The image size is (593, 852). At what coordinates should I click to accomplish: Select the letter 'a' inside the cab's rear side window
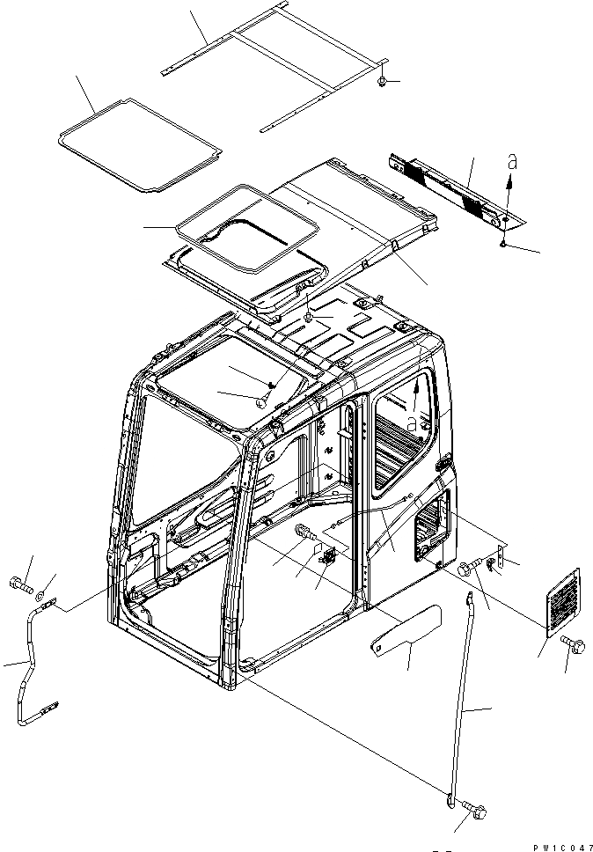tap(412, 423)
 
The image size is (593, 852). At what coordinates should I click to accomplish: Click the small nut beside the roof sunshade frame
tap(384, 82)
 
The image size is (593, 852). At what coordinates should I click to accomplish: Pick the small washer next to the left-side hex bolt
tap(46, 582)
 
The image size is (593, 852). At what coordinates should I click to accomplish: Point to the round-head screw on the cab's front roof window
tap(262, 400)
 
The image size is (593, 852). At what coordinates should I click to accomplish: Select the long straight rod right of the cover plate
tap(465, 695)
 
